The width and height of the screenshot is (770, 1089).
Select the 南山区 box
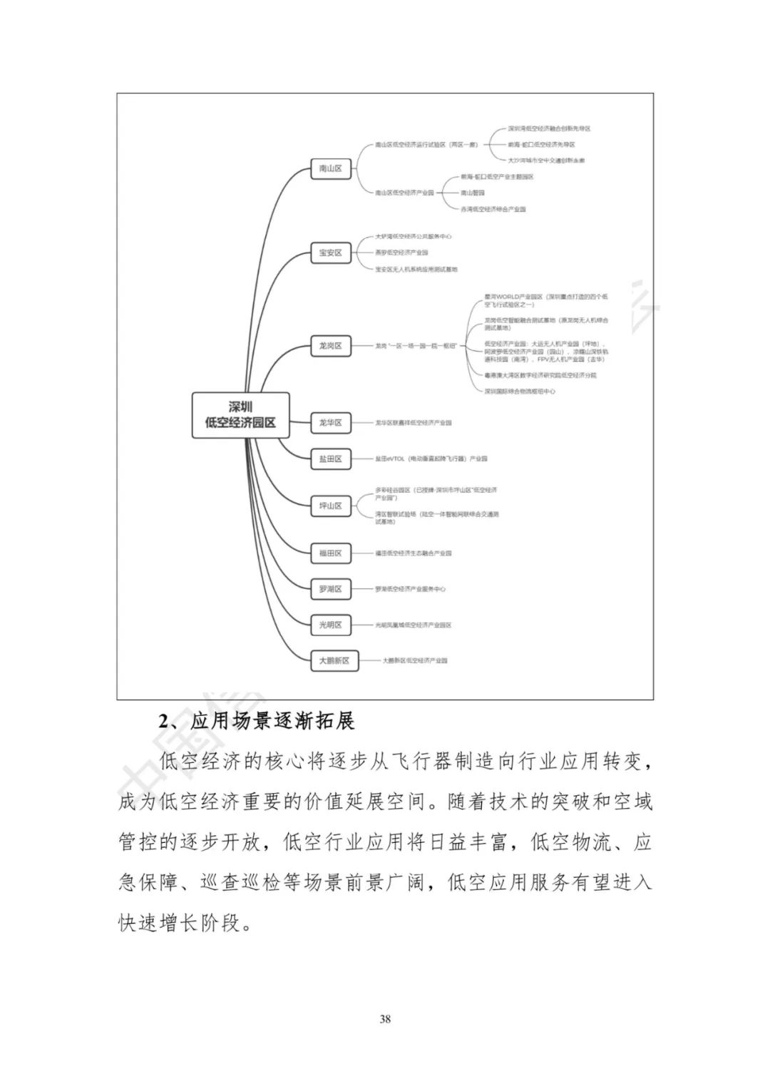331,169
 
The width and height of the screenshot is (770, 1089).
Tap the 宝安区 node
331,252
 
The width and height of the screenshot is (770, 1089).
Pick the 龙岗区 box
331,346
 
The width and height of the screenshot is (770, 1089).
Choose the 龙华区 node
331,423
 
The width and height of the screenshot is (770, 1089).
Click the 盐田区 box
331,459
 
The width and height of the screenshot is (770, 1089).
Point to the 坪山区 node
331,506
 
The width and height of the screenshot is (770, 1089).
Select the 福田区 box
331,553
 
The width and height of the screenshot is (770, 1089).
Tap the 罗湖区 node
331,589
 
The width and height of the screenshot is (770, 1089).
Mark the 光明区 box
331,625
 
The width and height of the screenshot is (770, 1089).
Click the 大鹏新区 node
334,660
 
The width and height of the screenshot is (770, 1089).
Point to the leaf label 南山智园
473,193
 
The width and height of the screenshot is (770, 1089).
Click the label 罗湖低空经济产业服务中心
411,589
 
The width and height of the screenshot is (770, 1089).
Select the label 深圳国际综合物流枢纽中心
520,391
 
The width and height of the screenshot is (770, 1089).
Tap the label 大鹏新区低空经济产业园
415,660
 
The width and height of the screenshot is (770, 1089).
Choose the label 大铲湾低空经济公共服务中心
414,236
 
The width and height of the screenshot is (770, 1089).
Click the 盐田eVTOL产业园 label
431,459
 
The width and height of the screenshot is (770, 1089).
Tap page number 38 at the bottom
385,1018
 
